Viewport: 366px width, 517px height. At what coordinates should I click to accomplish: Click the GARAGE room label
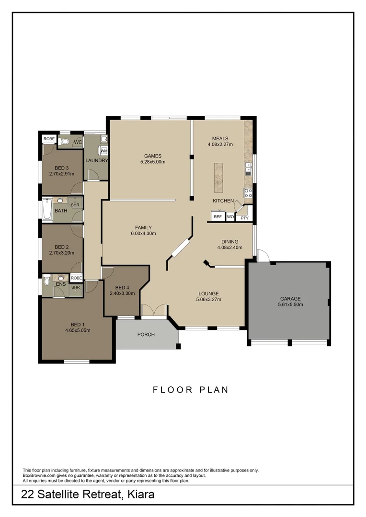pyautogui.click(x=290, y=299)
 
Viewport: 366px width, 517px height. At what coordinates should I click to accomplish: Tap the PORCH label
pyautogui.click(x=146, y=335)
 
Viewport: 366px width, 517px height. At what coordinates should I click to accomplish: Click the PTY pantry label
pyautogui.click(x=244, y=218)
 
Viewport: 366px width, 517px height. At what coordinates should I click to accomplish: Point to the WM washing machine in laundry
pyautogui.click(x=104, y=151)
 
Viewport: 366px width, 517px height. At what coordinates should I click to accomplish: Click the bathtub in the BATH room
pyautogui.click(x=47, y=210)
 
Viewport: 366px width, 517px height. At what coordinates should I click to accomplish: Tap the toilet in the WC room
pyautogui.click(x=66, y=142)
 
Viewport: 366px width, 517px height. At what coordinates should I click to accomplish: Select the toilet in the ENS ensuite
pyautogui.click(x=46, y=281)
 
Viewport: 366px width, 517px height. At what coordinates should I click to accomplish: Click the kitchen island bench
pyautogui.click(x=218, y=176)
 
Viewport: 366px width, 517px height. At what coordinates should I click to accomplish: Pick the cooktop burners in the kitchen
pyautogui.click(x=248, y=193)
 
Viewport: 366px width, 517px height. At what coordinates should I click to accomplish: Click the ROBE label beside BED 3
pyautogui.click(x=49, y=139)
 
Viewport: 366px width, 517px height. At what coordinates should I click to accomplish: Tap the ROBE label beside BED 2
pyautogui.click(x=76, y=278)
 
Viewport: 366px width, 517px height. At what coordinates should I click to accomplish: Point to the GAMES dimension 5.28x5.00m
pyautogui.click(x=153, y=162)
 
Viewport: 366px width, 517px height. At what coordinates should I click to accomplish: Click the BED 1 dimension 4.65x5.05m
pyautogui.click(x=78, y=330)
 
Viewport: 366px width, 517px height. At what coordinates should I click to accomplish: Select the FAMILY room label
pyautogui.click(x=143, y=227)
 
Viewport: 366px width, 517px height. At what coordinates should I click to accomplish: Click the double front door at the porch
pyautogui.click(x=154, y=311)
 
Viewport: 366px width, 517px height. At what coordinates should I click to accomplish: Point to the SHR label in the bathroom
pyautogui.click(x=75, y=205)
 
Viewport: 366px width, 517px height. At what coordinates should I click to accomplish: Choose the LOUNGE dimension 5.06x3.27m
pyautogui.click(x=208, y=300)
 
